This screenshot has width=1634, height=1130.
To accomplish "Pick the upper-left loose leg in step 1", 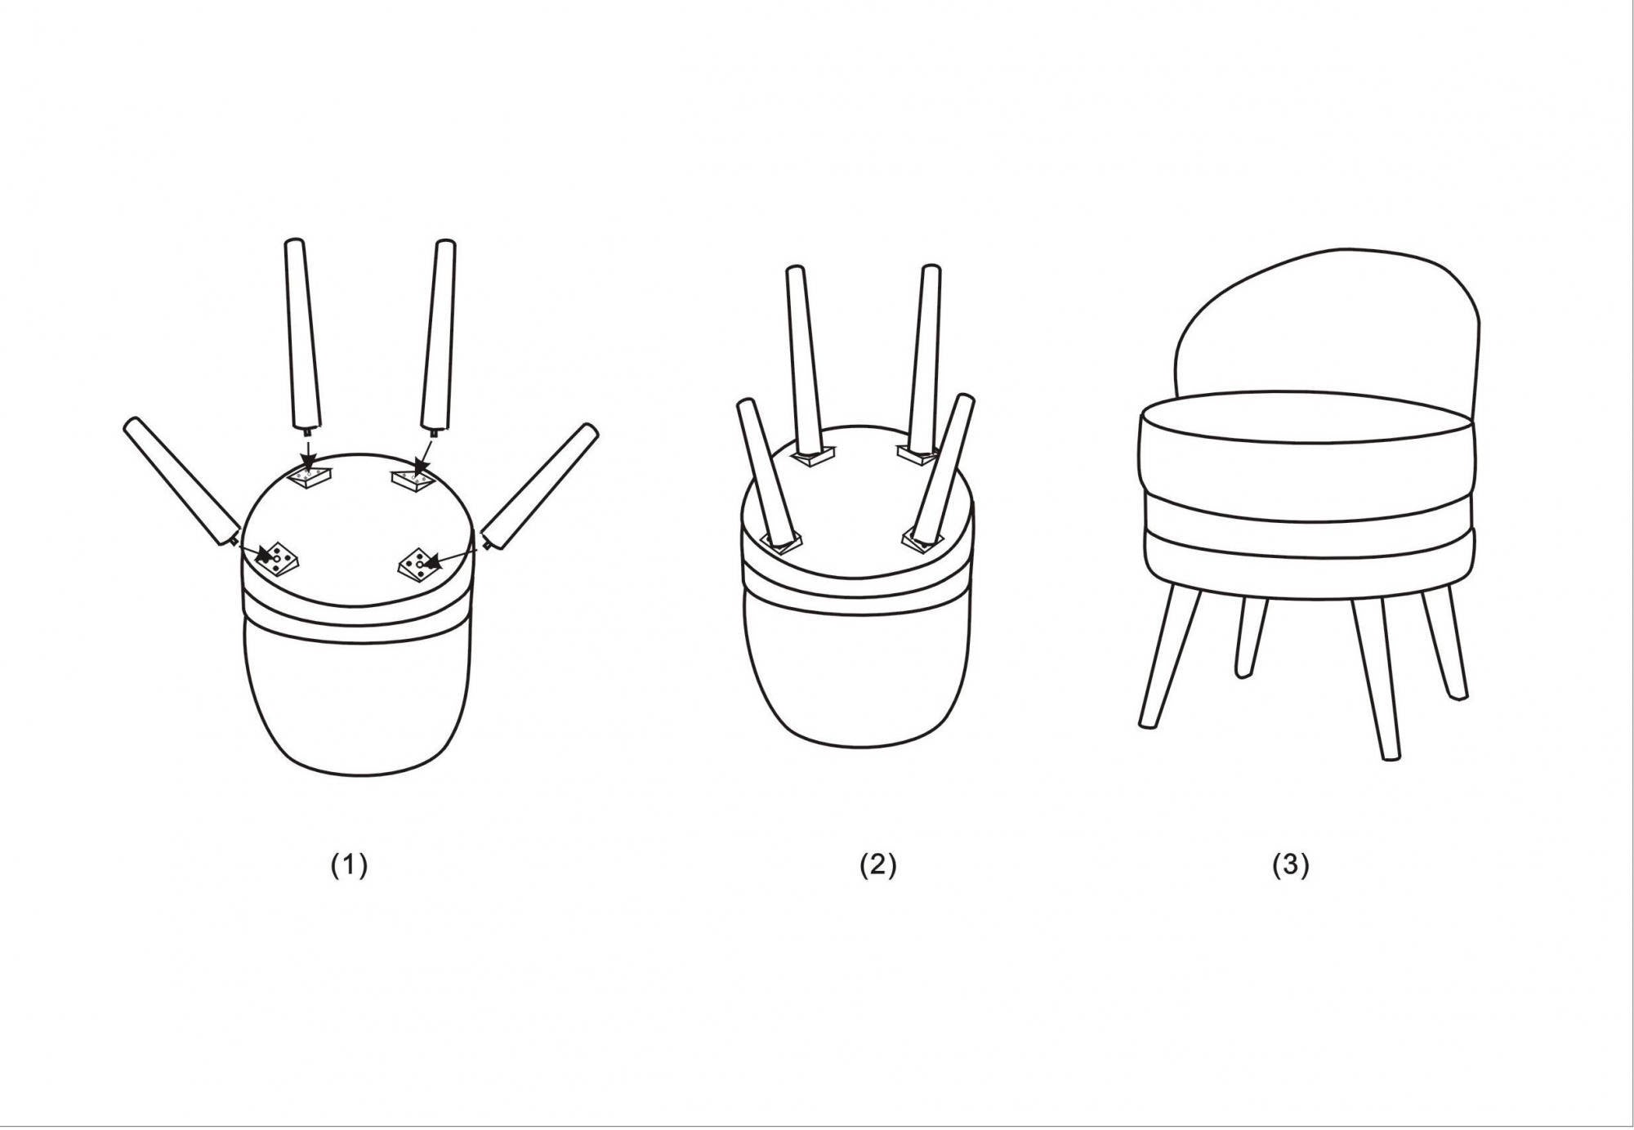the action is pyautogui.click(x=301, y=335).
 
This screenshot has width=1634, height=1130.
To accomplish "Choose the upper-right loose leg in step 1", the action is pyautogui.click(x=438, y=335).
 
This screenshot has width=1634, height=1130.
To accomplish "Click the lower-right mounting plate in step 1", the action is pyautogui.click(x=418, y=564).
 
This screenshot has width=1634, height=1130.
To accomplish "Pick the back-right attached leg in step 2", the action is pyautogui.click(x=926, y=360).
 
